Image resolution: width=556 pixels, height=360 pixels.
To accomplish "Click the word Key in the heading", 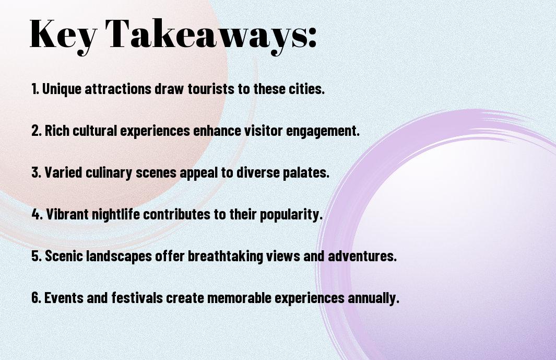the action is [63, 35].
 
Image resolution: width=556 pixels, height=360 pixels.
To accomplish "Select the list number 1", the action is [35, 89].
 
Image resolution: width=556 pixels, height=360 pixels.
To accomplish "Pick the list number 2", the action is [37, 131].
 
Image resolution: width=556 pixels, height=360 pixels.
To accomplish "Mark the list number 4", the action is [37, 214].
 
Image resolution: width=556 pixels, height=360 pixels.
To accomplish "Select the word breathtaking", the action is [225, 257].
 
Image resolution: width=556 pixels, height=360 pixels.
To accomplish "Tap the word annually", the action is [373, 298].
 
